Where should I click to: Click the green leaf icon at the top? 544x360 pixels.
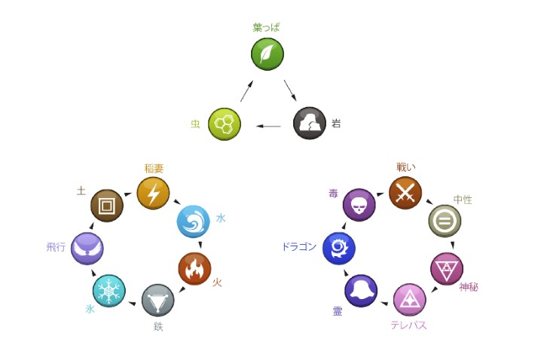pyautogui.click(x=267, y=53)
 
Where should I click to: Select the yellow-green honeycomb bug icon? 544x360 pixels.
pyautogui.click(x=224, y=124)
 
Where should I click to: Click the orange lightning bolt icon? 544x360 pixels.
pyautogui.click(x=153, y=194)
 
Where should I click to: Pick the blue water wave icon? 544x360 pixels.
pyautogui.click(x=193, y=221)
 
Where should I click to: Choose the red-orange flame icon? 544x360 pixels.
pyautogui.click(x=194, y=268)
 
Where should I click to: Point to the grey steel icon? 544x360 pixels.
pyautogui.click(x=157, y=300)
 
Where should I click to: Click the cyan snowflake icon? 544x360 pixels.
pyautogui.click(x=108, y=291)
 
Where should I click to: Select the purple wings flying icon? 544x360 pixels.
pyautogui.click(x=87, y=249)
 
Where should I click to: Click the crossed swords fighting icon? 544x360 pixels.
pyautogui.click(x=405, y=194)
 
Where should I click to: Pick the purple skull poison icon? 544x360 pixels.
pyautogui.click(x=359, y=205)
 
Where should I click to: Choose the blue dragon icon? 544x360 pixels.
pyautogui.click(x=338, y=248)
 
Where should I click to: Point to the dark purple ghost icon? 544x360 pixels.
pyautogui.click(x=361, y=291)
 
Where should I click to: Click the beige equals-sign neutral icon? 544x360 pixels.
pyautogui.click(x=445, y=221)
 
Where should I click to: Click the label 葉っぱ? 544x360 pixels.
pyautogui.click(x=267, y=28)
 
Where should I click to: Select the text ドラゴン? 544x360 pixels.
pyautogui.click(x=299, y=246)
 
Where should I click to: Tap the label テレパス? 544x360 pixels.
pyautogui.click(x=409, y=325)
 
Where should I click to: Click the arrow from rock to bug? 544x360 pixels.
pyautogui.click(x=268, y=126)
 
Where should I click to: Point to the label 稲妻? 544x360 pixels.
pyautogui.click(x=154, y=168)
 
